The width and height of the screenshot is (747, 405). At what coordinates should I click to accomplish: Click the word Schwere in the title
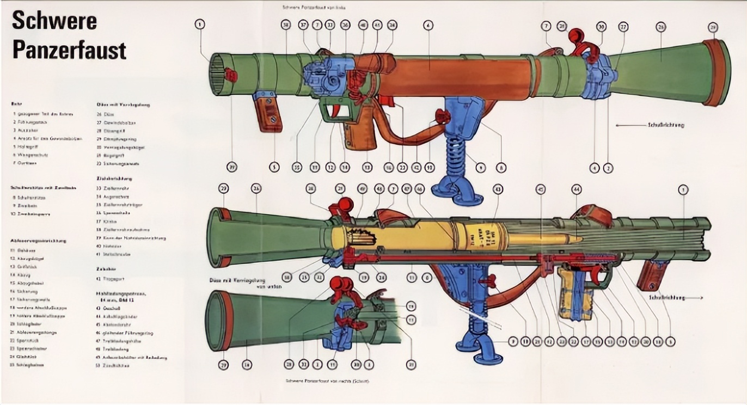[54, 21]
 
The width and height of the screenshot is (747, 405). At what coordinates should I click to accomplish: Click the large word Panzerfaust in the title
[69, 50]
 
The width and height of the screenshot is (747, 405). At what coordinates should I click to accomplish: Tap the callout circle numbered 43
[497, 189]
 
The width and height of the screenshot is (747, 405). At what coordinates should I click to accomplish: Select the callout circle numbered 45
[540, 189]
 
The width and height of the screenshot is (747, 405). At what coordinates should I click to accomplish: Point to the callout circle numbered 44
[576, 189]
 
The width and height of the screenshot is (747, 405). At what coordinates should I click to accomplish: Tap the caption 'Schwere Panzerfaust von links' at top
[314, 8]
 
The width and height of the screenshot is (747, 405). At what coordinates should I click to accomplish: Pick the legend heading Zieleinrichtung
[114, 178]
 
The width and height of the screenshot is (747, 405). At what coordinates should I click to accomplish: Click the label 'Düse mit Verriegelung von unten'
[235, 284]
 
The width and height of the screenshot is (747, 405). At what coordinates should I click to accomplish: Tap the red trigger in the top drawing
[342, 112]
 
